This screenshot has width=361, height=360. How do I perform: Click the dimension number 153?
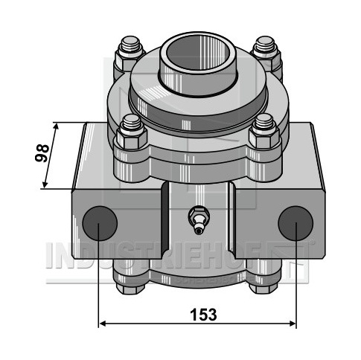pos(203,315)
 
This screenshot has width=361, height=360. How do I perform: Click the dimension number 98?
pos(42,153)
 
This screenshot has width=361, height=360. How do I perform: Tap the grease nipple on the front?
pos(199,220)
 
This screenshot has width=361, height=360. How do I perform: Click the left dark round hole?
pos(100,223)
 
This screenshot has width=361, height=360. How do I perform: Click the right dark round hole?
pos(295,223)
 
